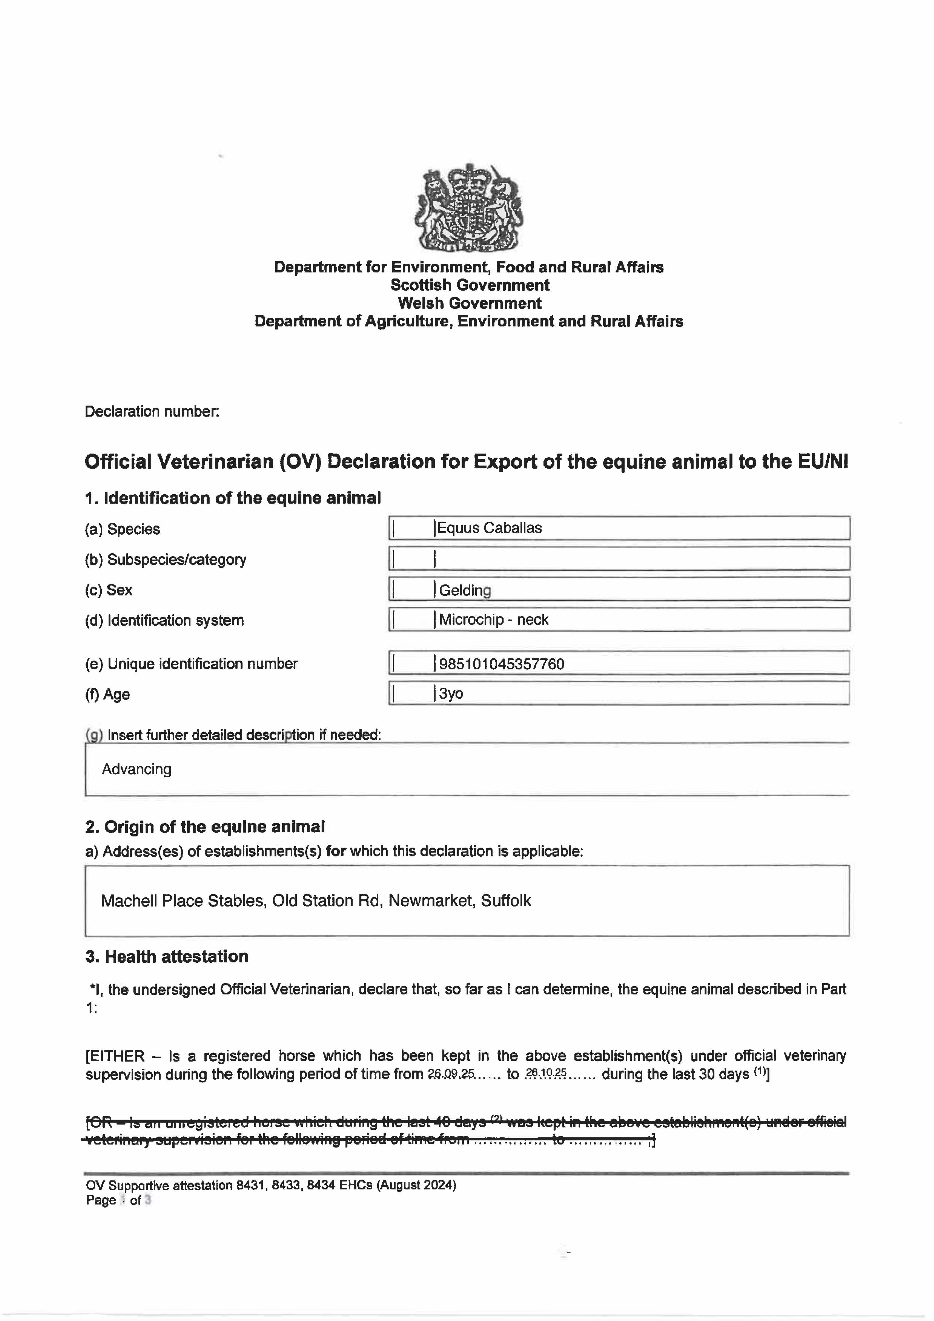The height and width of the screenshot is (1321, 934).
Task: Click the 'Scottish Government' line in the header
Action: (470, 285)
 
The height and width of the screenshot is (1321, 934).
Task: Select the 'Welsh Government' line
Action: (470, 303)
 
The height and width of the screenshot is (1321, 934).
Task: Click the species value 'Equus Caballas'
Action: (489, 528)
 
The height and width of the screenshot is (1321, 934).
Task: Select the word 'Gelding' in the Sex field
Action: (465, 590)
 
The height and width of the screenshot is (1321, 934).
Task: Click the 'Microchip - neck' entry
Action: (494, 620)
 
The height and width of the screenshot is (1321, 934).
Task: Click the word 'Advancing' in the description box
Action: (136, 769)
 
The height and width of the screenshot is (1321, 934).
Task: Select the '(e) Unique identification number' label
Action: (191, 664)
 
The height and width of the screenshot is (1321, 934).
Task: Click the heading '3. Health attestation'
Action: (167, 956)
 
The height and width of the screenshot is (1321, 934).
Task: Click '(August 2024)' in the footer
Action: (416, 1185)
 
